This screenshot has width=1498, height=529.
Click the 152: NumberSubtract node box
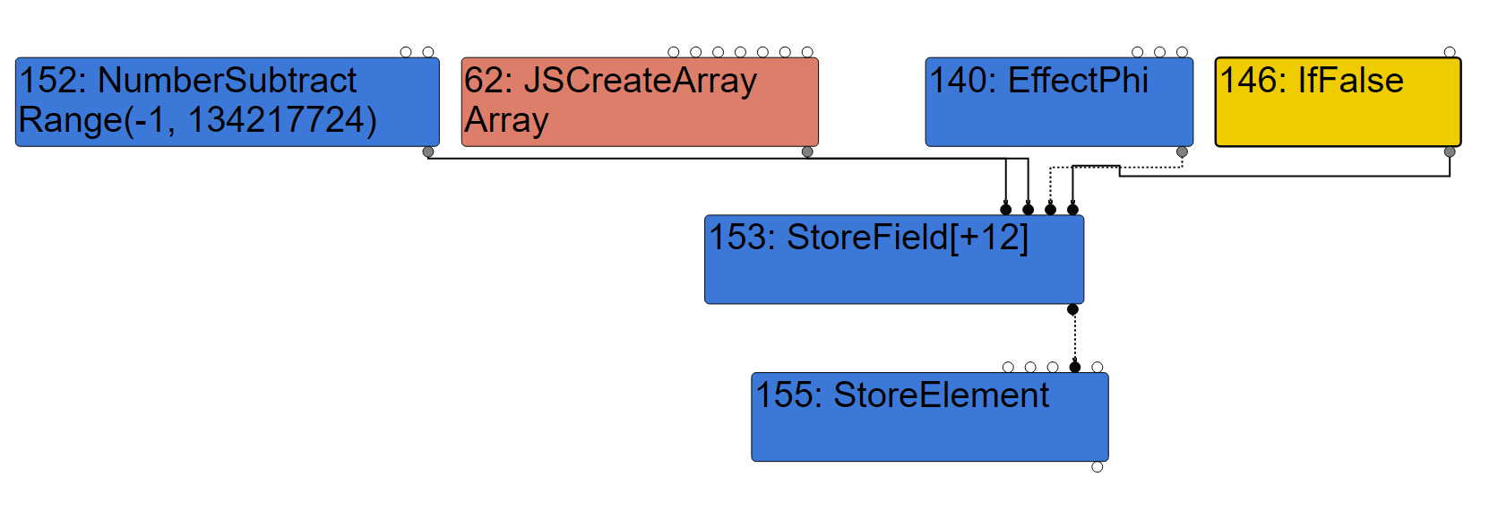click(x=227, y=102)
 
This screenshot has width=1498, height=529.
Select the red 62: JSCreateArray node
click(x=640, y=102)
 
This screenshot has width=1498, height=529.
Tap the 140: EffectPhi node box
click(x=1059, y=102)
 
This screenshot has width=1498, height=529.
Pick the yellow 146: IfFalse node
click(x=1338, y=102)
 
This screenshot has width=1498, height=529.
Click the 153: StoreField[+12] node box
click(x=894, y=260)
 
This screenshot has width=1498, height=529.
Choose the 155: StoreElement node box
click(x=930, y=418)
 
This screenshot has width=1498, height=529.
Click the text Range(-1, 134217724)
click(x=197, y=120)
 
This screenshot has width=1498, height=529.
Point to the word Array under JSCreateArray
click(x=506, y=120)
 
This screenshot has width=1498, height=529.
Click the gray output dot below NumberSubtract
click(x=428, y=152)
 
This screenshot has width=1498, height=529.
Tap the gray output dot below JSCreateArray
click(x=807, y=152)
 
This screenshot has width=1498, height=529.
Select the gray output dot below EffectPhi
click(x=1182, y=152)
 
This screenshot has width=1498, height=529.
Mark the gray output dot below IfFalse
click(x=1450, y=152)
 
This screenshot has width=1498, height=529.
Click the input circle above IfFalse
click(x=1450, y=52)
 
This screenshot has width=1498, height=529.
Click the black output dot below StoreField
click(x=1072, y=309)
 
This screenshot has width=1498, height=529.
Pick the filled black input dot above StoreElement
click(x=1075, y=367)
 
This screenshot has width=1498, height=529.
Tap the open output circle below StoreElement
click(x=1098, y=467)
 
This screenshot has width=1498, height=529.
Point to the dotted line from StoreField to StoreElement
click(x=1075, y=338)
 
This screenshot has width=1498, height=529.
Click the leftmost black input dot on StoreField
click(x=1006, y=210)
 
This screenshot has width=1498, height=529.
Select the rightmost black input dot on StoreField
click(x=1072, y=210)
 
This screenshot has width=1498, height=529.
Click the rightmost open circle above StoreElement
click(x=1098, y=367)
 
